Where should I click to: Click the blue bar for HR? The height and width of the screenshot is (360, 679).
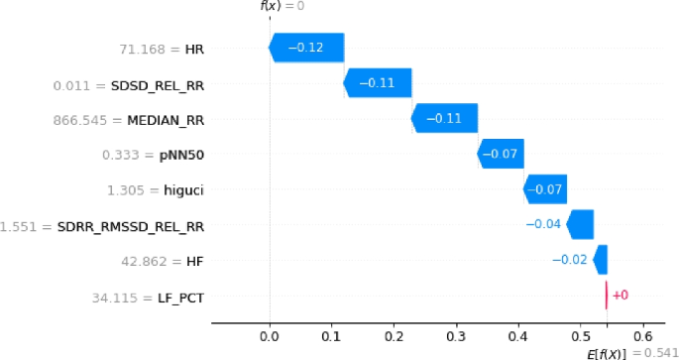point(306,48)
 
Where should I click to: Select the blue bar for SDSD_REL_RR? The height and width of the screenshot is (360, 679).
point(378,83)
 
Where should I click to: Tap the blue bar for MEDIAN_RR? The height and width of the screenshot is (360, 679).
point(444,118)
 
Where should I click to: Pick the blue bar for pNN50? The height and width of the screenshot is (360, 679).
point(501,154)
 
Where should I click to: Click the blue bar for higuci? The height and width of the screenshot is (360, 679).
point(545,189)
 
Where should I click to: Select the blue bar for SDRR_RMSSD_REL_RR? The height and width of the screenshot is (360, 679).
point(580,225)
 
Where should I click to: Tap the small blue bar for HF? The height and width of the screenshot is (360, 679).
point(600,260)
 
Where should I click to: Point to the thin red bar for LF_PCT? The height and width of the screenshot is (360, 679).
point(607,296)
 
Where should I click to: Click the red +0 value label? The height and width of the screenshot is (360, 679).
point(621,296)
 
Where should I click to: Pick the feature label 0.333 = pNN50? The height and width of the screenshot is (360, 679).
point(154,155)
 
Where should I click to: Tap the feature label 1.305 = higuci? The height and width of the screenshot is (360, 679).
point(155,189)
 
